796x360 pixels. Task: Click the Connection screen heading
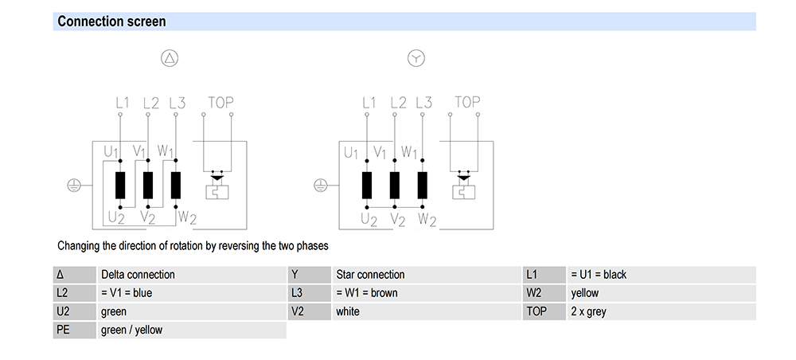coord(111,22)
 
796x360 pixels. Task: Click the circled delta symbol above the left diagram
coord(170,58)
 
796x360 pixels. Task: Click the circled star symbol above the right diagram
coord(416,58)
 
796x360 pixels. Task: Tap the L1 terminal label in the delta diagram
coord(122,103)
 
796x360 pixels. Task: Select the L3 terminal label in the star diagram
coord(423,103)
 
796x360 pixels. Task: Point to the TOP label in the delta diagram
coord(220,103)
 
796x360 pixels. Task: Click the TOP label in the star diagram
coord(467,102)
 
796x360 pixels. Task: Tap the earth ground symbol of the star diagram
coord(320,185)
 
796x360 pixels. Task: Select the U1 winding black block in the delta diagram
coord(120,185)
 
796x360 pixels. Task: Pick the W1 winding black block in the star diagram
coord(423,185)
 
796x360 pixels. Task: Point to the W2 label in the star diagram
coord(427,218)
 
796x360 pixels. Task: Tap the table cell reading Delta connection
coord(138,275)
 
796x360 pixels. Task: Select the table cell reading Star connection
coord(370,275)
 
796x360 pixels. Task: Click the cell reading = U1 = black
coord(598,275)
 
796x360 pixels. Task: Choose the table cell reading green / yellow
coord(131,330)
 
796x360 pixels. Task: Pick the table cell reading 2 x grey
coord(588,311)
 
